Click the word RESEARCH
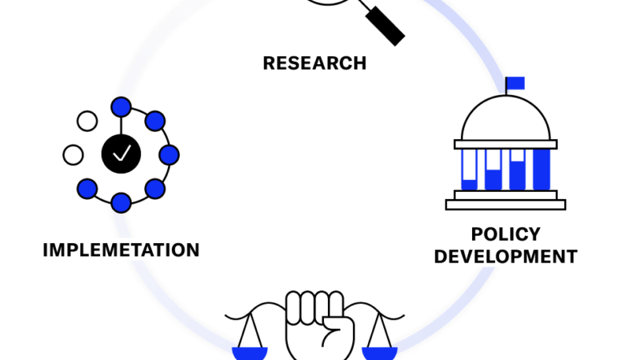click(x=314, y=63)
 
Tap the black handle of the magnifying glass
click(x=385, y=26)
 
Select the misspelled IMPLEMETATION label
click(x=122, y=250)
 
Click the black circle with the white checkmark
click(x=122, y=154)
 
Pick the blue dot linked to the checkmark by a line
click(x=122, y=107)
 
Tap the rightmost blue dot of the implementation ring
click(x=169, y=155)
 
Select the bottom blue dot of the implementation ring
click(x=122, y=203)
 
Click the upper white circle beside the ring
click(x=87, y=122)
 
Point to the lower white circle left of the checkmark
click(x=74, y=155)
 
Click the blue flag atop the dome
click(x=515, y=83)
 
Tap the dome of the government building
click(x=506, y=118)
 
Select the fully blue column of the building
click(x=542, y=170)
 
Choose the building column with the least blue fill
click(x=470, y=170)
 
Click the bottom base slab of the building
click(x=506, y=205)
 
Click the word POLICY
click(x=506, y=234)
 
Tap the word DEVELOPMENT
click(x=506, y=257)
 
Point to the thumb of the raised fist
click(x=338, y=331)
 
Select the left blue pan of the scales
click(x=250, y=354)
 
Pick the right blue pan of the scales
click(x=379, y=354)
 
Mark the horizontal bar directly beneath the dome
click(x=506, y=144)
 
